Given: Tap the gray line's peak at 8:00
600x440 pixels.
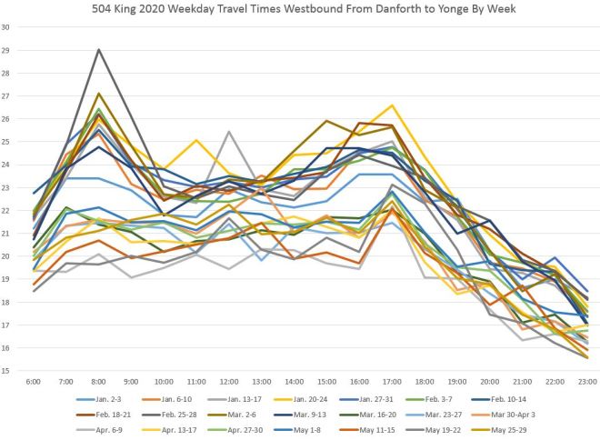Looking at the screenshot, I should (x=98, y=50).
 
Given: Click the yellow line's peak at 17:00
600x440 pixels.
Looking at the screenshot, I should (x=393, y=105).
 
